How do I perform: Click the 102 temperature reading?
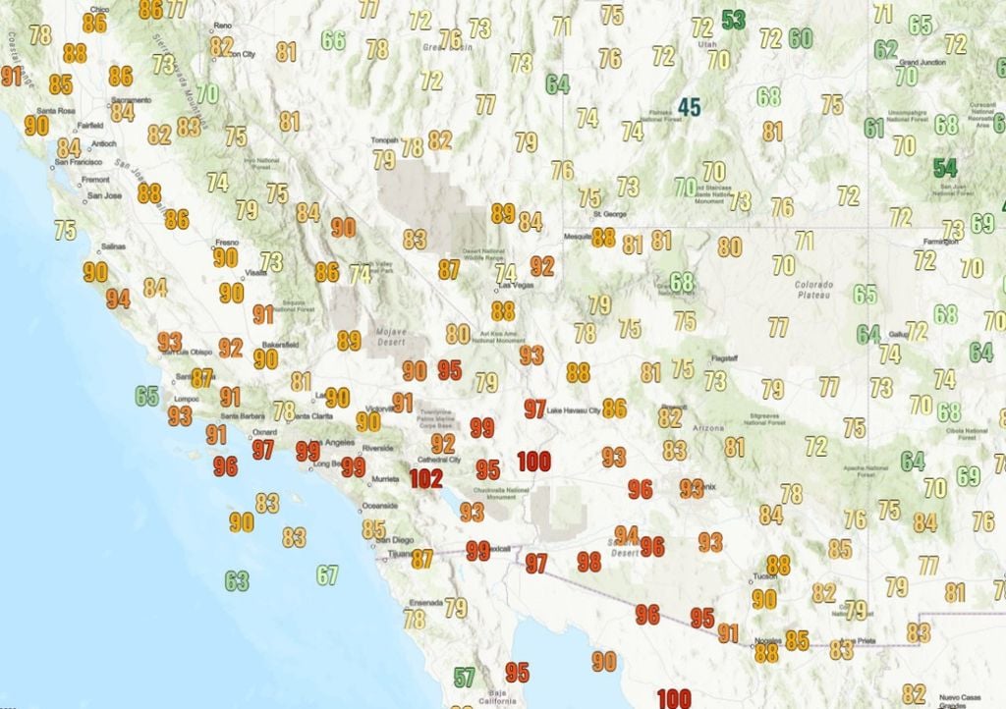coord(426,478)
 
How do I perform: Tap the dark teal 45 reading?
coord(689,107)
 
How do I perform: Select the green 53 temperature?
coord(733,20)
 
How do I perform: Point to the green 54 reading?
coord(945,168)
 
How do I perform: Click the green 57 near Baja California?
coord(464,677)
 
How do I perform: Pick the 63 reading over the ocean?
coord(237,580)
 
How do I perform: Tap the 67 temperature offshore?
coord(327,575)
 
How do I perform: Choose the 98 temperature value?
coord(588,562)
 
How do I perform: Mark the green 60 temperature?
coord(800,38)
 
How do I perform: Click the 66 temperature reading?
coord(334,40)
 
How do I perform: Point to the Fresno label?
coord(228,242)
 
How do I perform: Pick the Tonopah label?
coord(385,140)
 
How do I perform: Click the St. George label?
coord(610,214)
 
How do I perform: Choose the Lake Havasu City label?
coord(573,409)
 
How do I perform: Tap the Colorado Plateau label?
coord(813,290)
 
